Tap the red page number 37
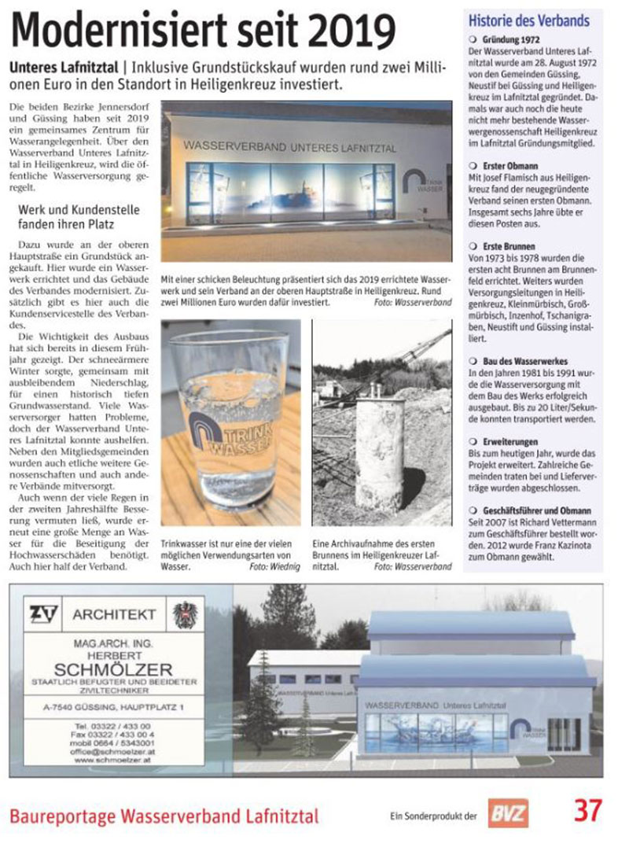587,811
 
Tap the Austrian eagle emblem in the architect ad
184,613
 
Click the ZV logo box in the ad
44,613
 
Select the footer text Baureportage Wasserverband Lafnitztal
164,816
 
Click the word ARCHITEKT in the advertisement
114,613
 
